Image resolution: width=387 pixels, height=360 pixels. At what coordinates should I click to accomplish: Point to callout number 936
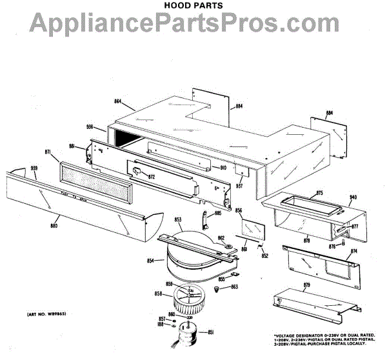click(90, 127)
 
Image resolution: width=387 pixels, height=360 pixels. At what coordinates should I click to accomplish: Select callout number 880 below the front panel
click(54, 226)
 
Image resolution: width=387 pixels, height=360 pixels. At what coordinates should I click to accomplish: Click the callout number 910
click(223, 168)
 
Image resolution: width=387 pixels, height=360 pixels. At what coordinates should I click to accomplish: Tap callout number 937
click(239, 186)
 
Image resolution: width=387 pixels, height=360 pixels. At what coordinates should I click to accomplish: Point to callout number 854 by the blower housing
click(150, 261)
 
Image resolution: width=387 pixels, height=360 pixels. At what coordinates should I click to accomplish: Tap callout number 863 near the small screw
click(235, 286)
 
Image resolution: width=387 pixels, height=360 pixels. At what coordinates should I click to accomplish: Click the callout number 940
click(353, 197)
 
